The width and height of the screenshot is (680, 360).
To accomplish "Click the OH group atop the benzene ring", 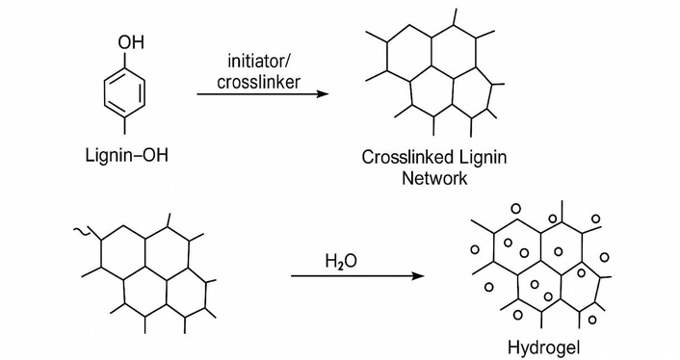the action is [x=131, y=42].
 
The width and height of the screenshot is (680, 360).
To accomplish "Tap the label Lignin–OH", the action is [x=126, y=155].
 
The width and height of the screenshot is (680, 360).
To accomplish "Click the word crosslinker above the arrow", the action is [x=258, y=81].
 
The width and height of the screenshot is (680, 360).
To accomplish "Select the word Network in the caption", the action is [x=434, y=178].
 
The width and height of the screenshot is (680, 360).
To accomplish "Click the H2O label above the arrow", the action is [x=341, y=261].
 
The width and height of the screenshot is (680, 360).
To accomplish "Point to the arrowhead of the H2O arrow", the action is [x=418, y=276].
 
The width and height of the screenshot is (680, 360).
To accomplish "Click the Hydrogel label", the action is [x=543, y=347].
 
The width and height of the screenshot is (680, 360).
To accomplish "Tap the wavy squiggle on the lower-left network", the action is [x=82, y=232].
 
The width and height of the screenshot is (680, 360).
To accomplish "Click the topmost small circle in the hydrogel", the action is [x=515, y=209].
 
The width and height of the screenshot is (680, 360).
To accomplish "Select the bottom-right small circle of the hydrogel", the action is [x=592, y=321].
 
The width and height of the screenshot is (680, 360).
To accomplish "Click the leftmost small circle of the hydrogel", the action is [x=475, y=250].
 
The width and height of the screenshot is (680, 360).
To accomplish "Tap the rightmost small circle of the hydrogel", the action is [x=605, y=258].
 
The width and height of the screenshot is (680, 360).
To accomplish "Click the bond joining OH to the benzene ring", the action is [x=125, y=60].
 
